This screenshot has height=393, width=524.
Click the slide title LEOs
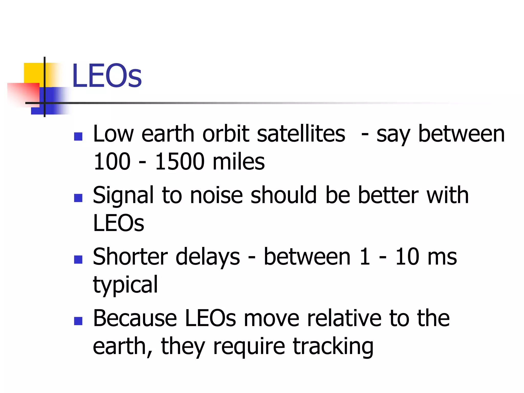[107, 76]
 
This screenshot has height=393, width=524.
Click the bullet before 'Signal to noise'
[78, 198]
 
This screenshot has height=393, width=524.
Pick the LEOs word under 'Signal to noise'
[118, 223]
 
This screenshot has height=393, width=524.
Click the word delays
[208, 257]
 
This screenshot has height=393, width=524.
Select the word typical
[125, 285]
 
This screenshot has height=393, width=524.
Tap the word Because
[135, 319]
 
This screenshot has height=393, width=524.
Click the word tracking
[333, 347]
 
